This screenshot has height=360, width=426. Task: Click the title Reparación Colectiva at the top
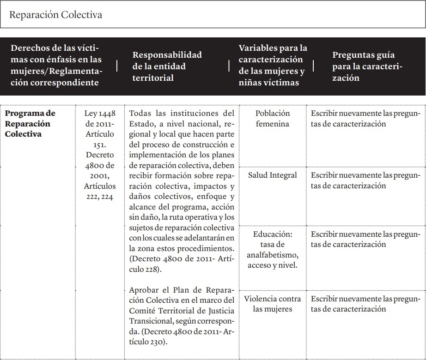click(55, 15)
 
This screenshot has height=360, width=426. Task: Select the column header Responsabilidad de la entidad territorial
click(167, 66)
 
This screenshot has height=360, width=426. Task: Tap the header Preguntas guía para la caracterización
click(367, 66)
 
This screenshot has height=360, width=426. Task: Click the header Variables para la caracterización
click(273, 65)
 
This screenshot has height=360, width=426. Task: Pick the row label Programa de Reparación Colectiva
click(30, 124)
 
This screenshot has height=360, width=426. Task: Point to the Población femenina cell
click(273, 119)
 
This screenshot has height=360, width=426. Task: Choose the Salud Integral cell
click(273, 175)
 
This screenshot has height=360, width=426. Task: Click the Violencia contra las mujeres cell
click(273, 304)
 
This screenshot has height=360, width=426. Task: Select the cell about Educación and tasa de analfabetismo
click(273, 249)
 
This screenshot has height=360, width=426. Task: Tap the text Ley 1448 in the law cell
click(100, 114)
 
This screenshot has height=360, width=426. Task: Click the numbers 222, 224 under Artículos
click(100, 197)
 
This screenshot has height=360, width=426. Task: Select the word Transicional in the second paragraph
click(152, 321)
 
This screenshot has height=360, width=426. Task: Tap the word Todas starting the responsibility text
click(141, 114)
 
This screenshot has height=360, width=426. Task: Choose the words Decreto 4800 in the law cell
click(100, 160)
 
